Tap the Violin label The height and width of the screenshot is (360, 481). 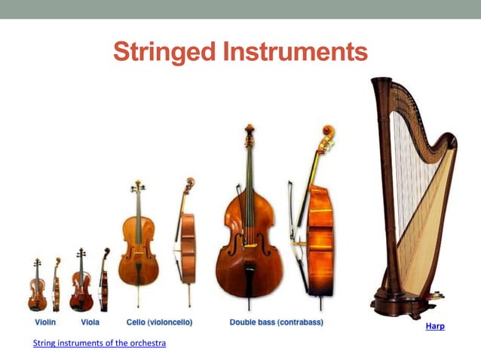point(44,322)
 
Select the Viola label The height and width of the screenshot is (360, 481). point(90,322)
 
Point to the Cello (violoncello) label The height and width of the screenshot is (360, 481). point(159,322)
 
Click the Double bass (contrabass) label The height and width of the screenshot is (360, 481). point(276,322)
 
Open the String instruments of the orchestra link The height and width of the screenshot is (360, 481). point(100,343)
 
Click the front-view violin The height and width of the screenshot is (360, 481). point(37,290)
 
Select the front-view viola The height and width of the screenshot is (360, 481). point(81,286)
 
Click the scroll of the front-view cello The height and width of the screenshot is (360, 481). point(137,185)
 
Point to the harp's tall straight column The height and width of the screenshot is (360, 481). point(385,188)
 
